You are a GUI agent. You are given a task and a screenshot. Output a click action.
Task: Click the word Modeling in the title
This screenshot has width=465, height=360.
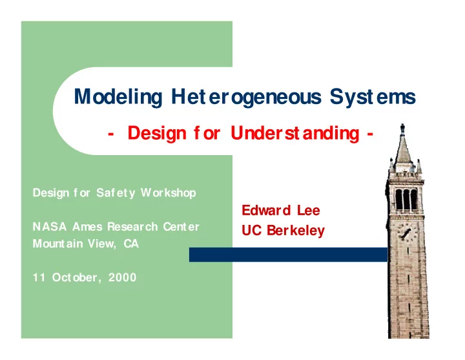point(118,98)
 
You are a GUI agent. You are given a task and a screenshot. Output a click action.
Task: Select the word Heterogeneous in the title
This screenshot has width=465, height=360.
point(246,98)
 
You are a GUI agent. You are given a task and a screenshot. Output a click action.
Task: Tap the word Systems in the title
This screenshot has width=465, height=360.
point(373,98)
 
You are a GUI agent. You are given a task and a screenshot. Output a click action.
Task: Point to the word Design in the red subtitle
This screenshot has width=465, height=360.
point(157,134)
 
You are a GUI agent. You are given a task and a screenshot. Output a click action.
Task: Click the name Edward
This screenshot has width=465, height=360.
point(266,211)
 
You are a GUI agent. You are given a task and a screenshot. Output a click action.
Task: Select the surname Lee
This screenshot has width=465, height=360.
point(309,211)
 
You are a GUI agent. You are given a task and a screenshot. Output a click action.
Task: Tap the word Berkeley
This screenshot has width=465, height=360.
point(296,231)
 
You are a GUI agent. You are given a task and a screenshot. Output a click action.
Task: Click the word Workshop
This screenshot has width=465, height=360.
point(169,193)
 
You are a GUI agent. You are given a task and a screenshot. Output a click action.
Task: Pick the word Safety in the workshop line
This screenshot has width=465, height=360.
point(116,193)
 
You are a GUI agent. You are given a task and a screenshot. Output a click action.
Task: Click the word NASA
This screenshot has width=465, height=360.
point(50,227)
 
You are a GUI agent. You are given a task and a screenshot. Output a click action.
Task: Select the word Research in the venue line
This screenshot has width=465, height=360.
point(132,227)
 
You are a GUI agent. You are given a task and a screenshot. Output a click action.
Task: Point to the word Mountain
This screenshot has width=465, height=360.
point(57,244)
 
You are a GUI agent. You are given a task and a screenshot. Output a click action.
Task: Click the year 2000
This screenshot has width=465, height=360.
point(122,277)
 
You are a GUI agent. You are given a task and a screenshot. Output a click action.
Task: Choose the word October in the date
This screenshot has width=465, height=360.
point(77,278)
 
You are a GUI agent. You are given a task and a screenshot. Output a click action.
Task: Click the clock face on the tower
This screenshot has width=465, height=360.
point(407,232)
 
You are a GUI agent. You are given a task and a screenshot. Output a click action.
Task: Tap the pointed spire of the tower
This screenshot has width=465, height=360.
point(403,145)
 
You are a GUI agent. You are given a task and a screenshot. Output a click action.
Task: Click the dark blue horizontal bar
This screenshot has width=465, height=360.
point(289,255)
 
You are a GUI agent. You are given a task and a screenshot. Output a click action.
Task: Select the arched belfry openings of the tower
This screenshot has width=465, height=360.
point(407,200)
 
